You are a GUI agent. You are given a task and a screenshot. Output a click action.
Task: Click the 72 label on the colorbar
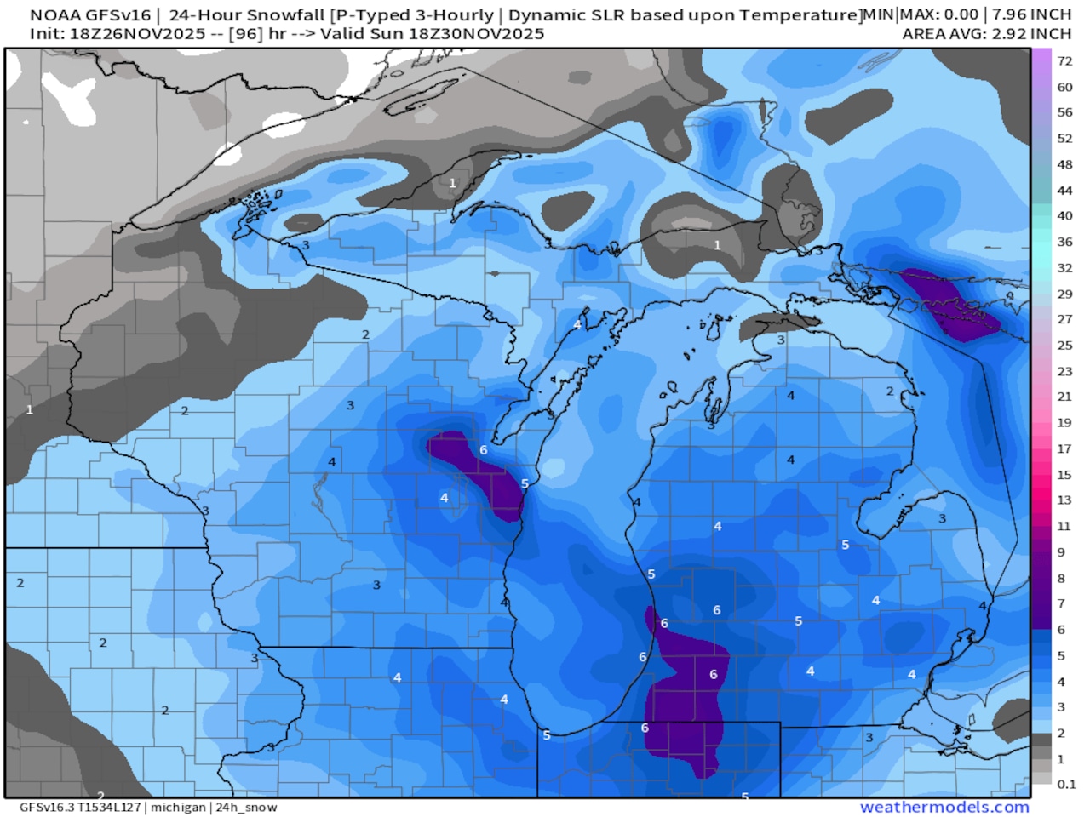pyautogui.click(x=1064, y=61)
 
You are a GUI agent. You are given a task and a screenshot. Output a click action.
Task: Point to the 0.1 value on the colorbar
pyautogui.click(x=1066, y=785)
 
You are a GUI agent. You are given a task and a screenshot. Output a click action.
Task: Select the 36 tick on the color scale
pyautogui.click(x=1064, y=242)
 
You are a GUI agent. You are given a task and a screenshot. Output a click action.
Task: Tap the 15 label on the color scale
pyautogui.click(x=1064, y=475)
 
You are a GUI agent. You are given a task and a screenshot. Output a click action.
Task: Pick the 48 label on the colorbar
pyautogui.click(x=1064, y=164)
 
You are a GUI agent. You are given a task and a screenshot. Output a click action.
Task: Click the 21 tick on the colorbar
pyautogui.click(x=1064, y=397)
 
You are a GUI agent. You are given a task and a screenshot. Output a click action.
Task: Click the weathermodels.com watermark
pyautogui.click(x=944, y=807)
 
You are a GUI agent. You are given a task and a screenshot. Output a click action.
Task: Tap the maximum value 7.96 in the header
pyautogui.click(x=1001, y=14)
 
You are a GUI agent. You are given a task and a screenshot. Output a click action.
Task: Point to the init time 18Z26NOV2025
pyautogui.click(x=138, y=34)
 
